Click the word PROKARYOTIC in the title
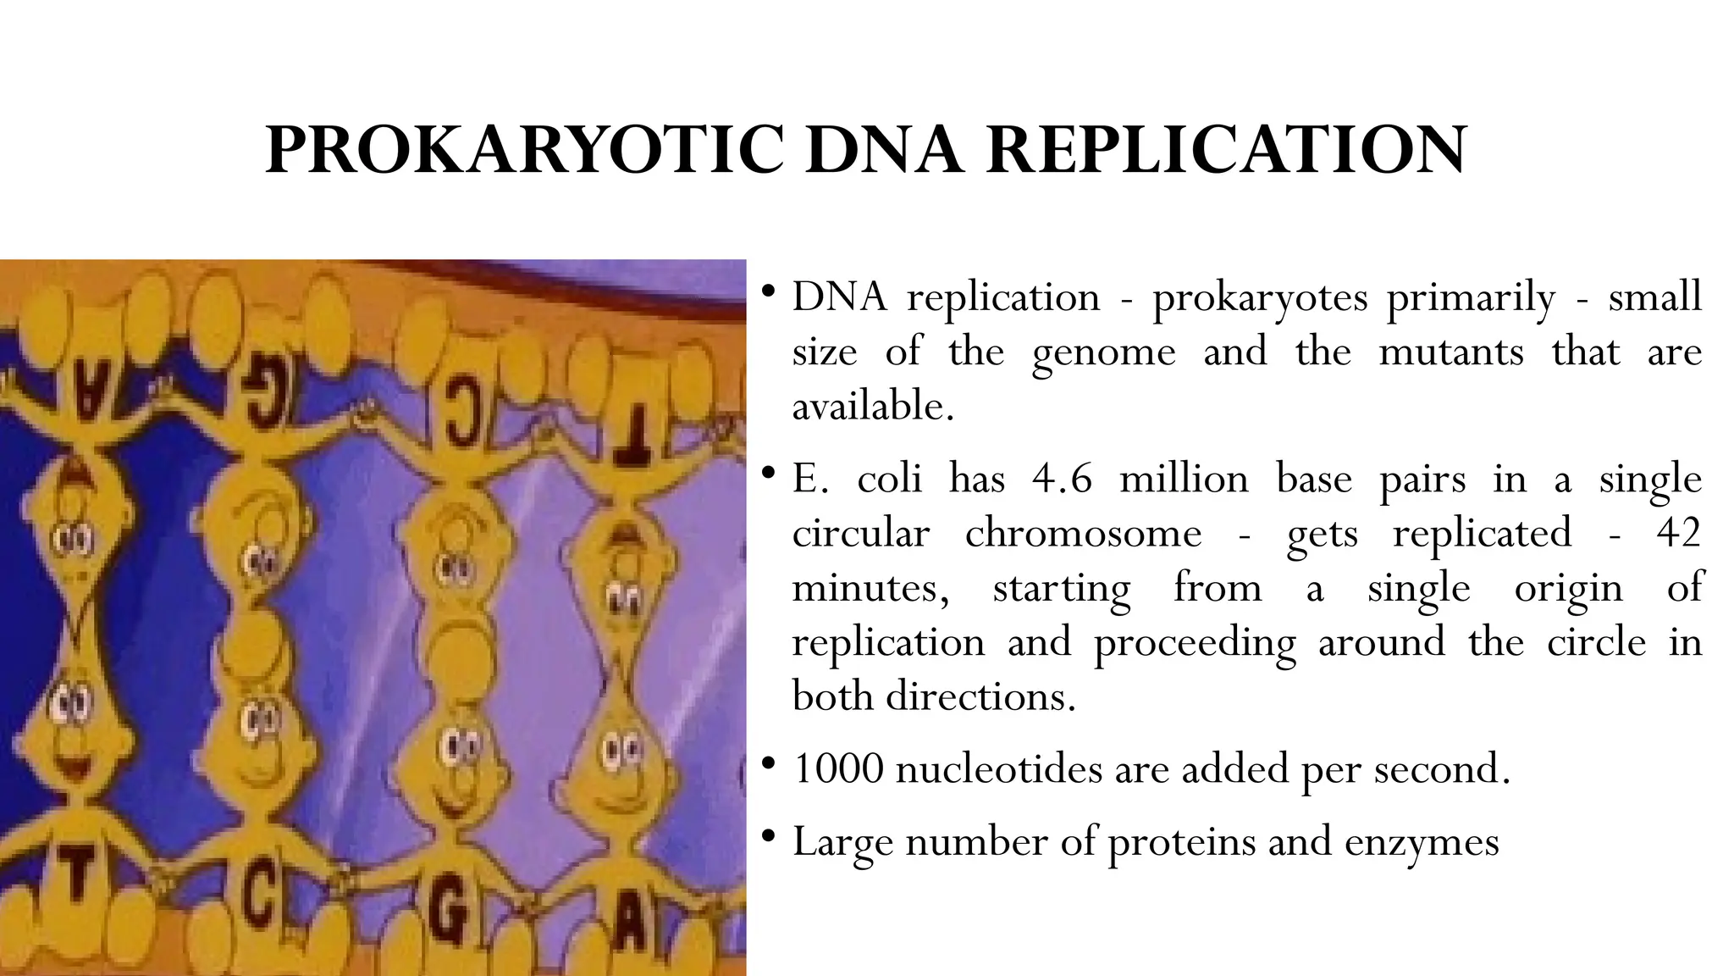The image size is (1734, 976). (525, 150)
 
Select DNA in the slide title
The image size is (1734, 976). (885, 150)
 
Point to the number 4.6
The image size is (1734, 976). (1062, 479)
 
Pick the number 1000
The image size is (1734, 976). (837, 768)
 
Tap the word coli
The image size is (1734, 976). (889, 479)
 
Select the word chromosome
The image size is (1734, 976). (1083, 533)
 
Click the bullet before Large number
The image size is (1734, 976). (768, 837)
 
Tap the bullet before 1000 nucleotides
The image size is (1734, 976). (768, 764)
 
